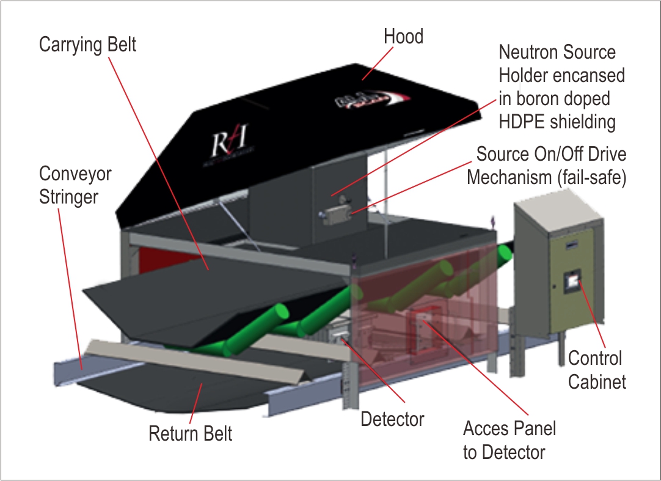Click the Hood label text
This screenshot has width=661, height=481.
[403, 37]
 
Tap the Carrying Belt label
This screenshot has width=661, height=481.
[87, 45]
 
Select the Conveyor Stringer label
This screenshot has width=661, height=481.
[75, 186]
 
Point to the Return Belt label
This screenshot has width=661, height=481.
[191, 434]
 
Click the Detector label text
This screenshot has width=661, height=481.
[392, 419]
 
